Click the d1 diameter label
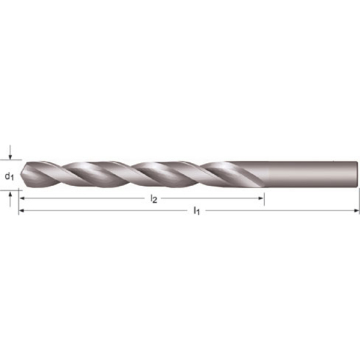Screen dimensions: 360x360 [x=10, y=175]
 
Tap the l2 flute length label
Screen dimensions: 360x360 [x=154, y=199]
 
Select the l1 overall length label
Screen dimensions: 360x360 [x=196, y=210]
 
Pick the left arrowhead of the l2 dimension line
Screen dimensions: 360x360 [x=22, y=199]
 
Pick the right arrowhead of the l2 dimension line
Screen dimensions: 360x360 [x=261, y=199]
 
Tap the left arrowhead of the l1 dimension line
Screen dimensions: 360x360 [x=22, y=210]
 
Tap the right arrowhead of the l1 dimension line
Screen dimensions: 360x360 [x=357, y=210]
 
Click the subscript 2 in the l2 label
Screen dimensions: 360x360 [x=155, y=201]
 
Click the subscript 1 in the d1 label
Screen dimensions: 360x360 [x=13, y=178]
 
